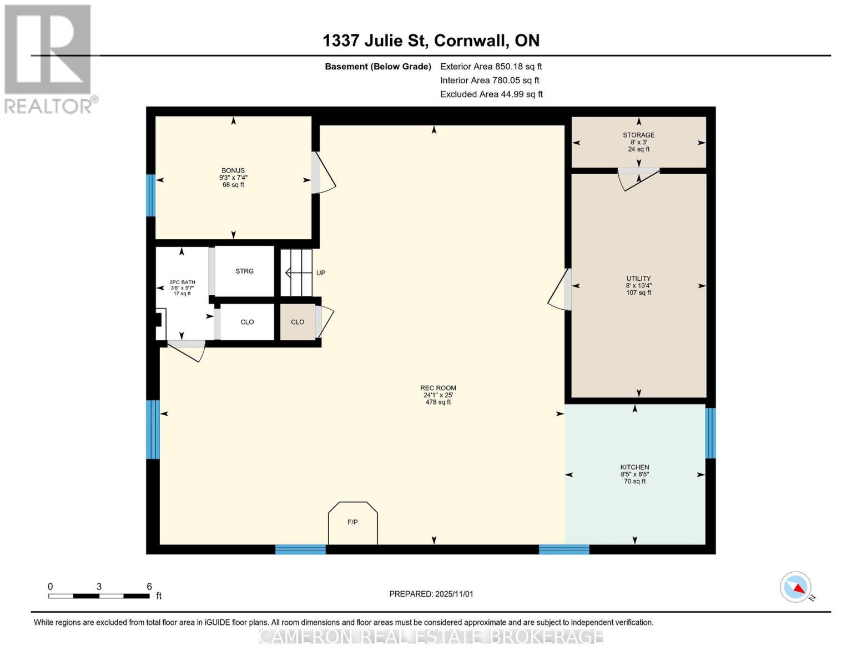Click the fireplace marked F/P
click(x=353, y=523)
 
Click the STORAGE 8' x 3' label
click(x=638, y=142)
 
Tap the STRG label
click(x=244, y=271)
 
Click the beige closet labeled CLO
click(x=298, y=322)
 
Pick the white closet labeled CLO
click(x=247, y=322)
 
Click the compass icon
click(x=795, y=587)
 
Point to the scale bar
click(x=99, y=596)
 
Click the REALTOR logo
click(x=48, y=59)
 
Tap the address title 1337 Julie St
click(x=431, y=41)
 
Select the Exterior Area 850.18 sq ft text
click(x=491, y=67)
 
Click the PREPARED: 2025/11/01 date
click(x=431, y=594)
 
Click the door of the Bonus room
click(x=322, y=173)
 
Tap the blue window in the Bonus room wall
click(x=150, y=195)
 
